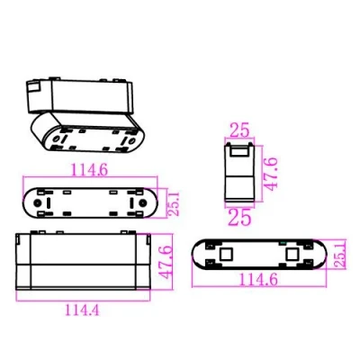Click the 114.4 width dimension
tap(82, 310)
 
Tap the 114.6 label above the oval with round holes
tap(89, 170)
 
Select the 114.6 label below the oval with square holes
tap(258, 280)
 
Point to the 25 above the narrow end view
tap(239, 130)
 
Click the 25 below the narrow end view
tap(239, 217)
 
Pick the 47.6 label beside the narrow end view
tap(272, 174)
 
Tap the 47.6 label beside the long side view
tap(165, 262)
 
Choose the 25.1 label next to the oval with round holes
tap(174, 204)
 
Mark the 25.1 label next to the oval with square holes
tap(339, 255)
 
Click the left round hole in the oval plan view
tap(38, 202)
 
